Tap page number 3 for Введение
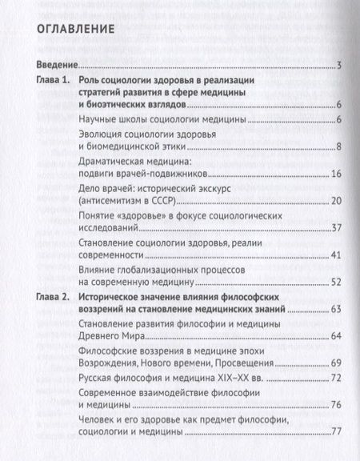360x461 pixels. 340,66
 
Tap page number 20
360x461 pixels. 337,200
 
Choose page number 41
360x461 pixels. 337,255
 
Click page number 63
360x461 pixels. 337,309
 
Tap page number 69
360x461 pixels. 337,363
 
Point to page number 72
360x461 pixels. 337,378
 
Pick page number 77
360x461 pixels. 337,433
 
